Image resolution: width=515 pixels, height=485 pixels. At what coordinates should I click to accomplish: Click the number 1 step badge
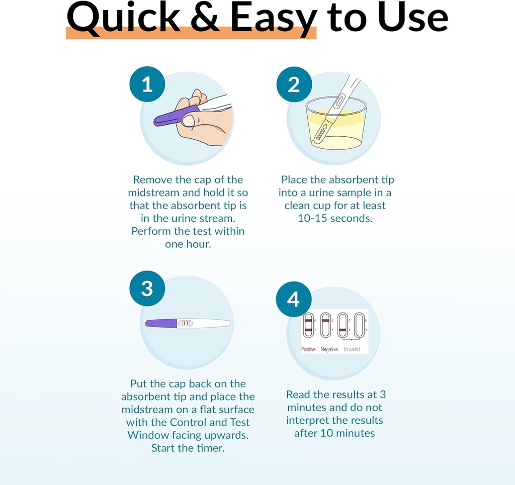[x=147, y=84]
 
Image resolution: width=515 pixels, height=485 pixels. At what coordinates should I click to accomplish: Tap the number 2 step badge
[x=294, y=84]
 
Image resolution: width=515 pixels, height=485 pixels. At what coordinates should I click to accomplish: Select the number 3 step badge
[x=147, y=288]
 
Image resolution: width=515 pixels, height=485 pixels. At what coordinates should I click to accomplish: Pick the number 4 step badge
[x=294, y=299]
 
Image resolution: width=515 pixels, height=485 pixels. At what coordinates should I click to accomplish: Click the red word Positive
[x=308, y=349]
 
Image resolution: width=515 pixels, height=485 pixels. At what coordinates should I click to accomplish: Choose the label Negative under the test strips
[x=329, y=349]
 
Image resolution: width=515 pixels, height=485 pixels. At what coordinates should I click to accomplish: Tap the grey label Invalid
[x=352, y=349]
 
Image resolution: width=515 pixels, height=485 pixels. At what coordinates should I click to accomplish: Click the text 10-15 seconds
[x=335, y=218]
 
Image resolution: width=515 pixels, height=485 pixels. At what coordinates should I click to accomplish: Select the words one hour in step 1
[x=188, y=244]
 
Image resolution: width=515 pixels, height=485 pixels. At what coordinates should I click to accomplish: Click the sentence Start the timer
[x=188, y=448]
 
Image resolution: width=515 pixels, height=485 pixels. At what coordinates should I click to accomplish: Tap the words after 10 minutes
[x=334, y=433]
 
